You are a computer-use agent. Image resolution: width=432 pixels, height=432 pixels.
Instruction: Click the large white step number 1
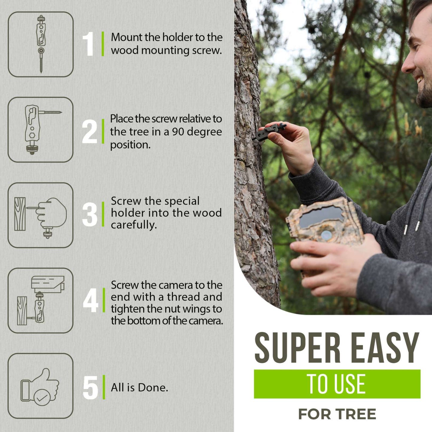point(88,44)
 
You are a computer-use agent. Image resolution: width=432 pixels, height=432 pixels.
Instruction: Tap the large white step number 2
point(89,131)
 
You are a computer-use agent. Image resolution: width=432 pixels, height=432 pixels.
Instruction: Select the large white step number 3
point(90,214)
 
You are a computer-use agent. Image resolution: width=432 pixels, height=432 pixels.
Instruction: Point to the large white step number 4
point(91,300)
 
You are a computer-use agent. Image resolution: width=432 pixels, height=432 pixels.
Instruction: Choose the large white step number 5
point(90,387)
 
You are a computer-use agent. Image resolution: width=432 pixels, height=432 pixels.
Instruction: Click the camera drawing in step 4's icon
point(48,285)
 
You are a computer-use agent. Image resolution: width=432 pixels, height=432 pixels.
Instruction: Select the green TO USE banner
point(337,384)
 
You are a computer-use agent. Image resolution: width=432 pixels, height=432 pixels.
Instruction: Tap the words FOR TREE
point(337,414)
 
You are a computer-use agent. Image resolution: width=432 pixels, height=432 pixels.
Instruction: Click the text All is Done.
point(139,388)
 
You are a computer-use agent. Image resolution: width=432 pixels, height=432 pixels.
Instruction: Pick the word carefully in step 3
point(134,225)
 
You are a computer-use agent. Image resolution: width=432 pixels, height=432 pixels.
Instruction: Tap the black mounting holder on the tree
point(268,132)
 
